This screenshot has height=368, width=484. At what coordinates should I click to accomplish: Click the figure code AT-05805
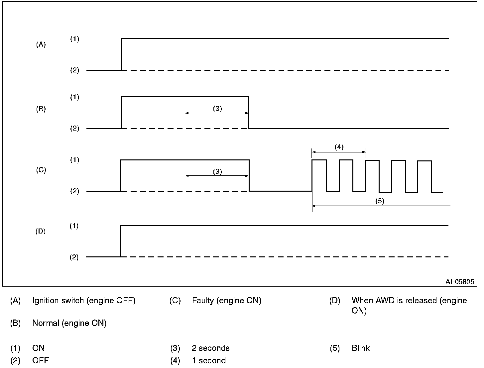pos(460,282)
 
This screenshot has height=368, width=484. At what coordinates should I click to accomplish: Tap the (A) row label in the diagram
pos(41,45)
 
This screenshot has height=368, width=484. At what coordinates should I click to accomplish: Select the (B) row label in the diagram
pos(41,109)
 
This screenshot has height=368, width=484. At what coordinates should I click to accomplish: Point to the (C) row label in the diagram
pos(41,170)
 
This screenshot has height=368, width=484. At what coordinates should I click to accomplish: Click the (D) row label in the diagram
pos(41,231)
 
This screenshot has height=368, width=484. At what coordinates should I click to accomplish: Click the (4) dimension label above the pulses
pos(339,147)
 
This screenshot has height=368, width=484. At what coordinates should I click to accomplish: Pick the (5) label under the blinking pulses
pos(380,201)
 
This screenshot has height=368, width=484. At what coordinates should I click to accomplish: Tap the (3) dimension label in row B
pos(217,109)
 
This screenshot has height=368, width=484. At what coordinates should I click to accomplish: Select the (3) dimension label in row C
pos(217,171)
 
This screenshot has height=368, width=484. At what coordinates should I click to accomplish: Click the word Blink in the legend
pos(361,348)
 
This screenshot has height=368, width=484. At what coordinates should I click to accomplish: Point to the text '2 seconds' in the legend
pos(210,348)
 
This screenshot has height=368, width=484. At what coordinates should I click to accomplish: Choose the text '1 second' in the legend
pos(209,360)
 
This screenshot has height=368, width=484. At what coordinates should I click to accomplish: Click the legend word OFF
pos(40,360)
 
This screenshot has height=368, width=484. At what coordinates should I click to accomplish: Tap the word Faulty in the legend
pos(203,301)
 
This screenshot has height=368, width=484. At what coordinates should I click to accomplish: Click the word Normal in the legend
pos(46,323)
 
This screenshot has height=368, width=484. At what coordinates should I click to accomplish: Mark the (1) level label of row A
pos(74,39)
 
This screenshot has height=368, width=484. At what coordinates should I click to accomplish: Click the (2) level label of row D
pos(74,257)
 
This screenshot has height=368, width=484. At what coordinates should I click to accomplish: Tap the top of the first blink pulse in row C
pos(319,160)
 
